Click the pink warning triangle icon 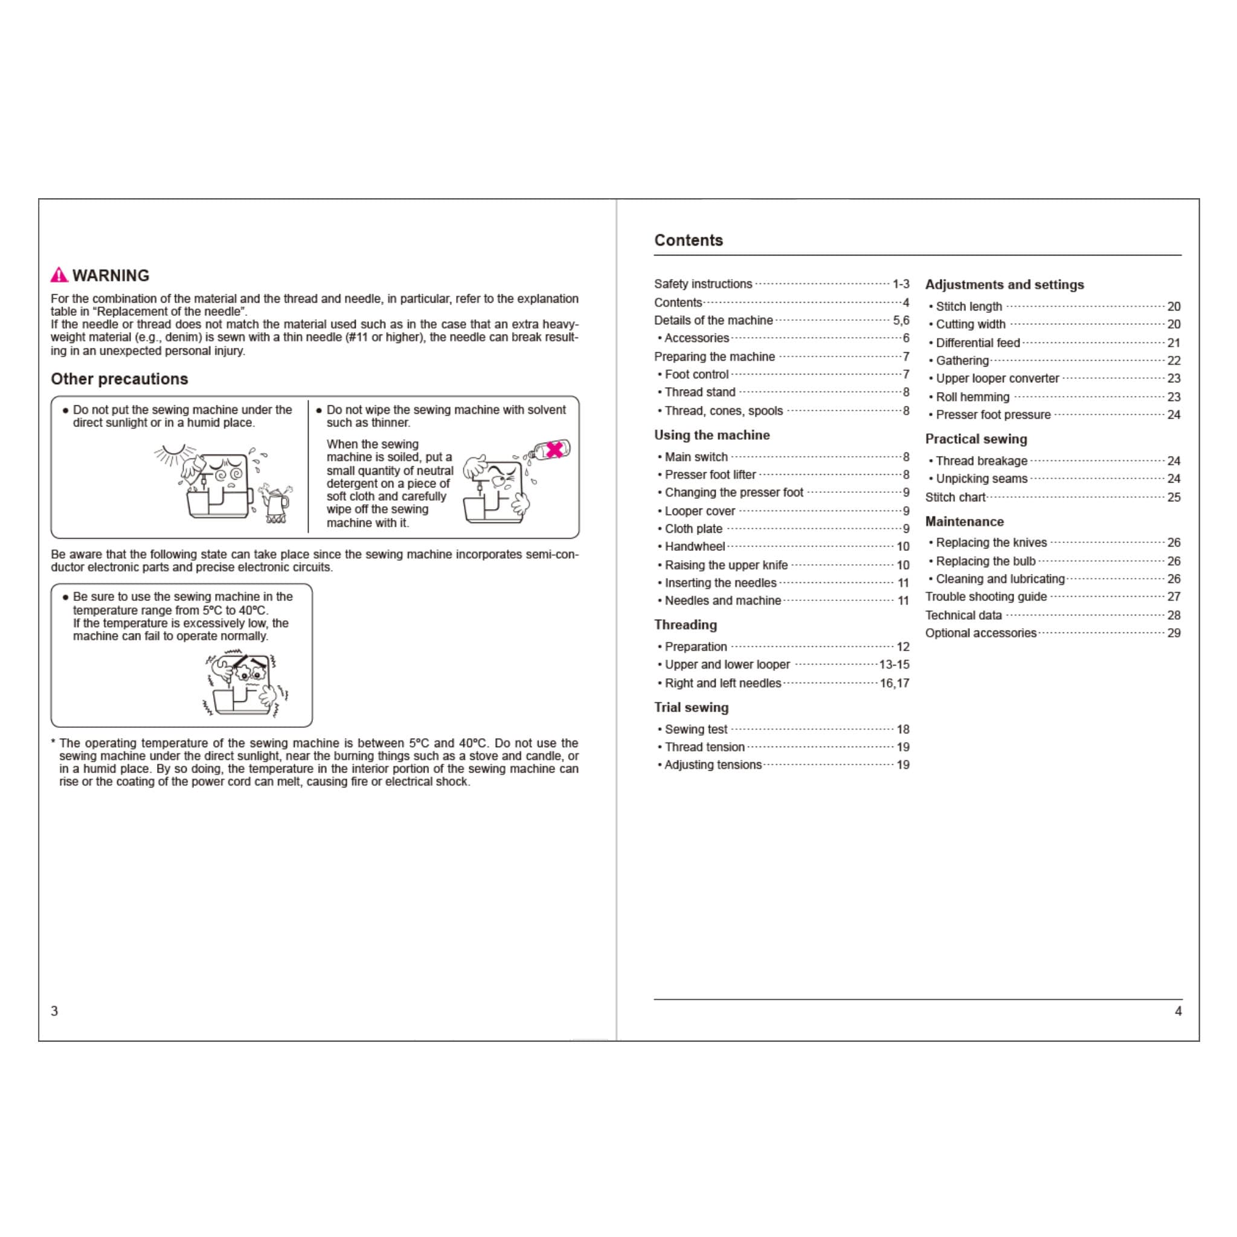(59, 275)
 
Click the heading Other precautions (119, 379)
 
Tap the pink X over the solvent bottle (554, 449)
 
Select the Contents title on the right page (689, 240)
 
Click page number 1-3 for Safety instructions (900, 284)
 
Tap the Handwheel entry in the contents (695, 547)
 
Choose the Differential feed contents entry (978, 342)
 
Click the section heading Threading (685, 625)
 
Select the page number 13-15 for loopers (894, 664)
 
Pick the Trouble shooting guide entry (986, 597)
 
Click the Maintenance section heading (964, 522)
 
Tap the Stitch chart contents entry (956, 498)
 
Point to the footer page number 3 (54, 1011)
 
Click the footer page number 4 (1178, 1011)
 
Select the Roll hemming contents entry (972, 397)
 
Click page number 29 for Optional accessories (1174, 633)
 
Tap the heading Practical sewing (976, 439)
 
